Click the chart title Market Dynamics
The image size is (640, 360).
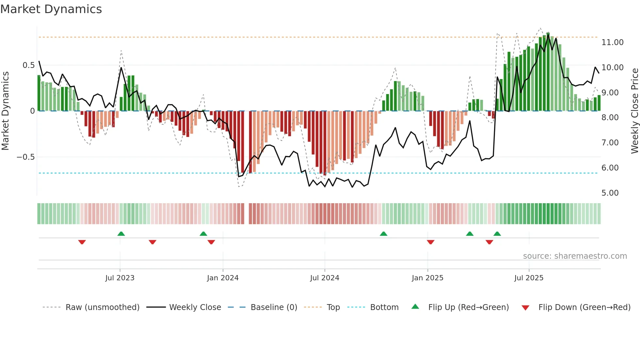pos(51,9)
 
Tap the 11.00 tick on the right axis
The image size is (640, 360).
pos(612,42)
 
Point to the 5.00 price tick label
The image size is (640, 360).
pos(610,193)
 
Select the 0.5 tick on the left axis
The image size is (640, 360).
pos(28,65)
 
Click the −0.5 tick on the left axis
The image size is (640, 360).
pos(25,157)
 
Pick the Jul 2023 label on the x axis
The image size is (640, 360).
pos(120,278)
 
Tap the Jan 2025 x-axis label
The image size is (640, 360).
pos(427,278)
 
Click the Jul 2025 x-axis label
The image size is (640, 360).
pos(529,278)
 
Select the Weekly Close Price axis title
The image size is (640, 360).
pos(634,111)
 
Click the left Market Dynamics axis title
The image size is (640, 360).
pos(5,111)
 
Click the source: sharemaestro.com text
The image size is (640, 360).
pos(575,256)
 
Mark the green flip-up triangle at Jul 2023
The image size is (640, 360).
pos(121,234)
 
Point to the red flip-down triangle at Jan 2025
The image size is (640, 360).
pos(430,242)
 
